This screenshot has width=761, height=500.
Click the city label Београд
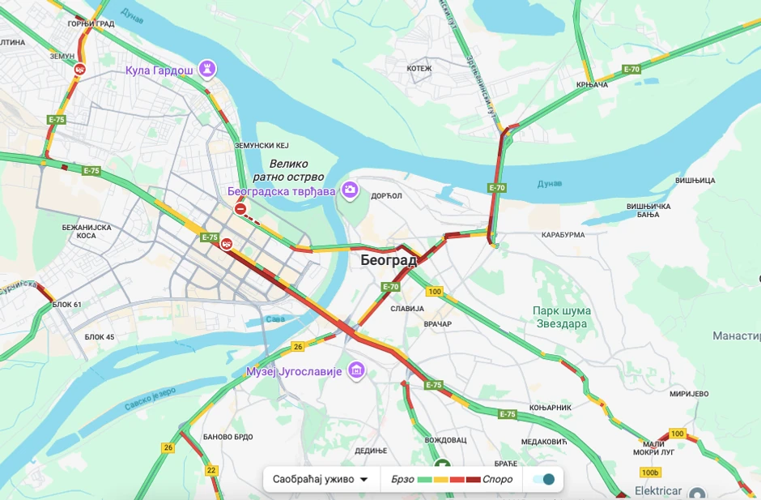click(389, 261)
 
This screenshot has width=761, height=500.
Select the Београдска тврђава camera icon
click(350, 190)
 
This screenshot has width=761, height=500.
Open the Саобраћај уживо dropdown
click(321, 479)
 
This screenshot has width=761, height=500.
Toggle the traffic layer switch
click(543, 479)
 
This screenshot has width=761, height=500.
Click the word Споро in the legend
click(497, 479)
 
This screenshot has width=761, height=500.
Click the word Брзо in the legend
click(402, 479)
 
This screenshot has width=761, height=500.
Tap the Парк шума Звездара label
click(562, 317)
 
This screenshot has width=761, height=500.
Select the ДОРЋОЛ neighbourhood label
click(386, 196)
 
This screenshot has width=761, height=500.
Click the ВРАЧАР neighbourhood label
click(437, 324)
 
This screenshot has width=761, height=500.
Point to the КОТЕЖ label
click(419, 69)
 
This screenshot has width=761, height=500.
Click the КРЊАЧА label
click(592, 84)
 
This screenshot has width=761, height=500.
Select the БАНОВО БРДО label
click(227, 437)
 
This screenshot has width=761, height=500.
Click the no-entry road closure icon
click(240, 209)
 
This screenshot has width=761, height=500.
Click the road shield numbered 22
click(211, 470)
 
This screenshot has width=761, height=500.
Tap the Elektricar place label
click(657, 492)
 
